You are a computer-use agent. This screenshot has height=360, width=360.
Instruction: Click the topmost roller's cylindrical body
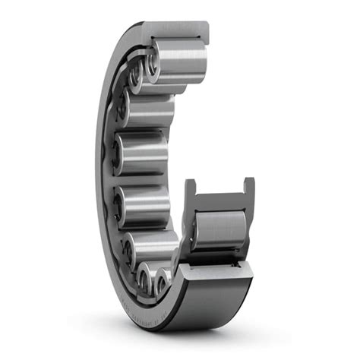181,60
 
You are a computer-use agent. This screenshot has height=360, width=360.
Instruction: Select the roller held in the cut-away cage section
220,229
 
